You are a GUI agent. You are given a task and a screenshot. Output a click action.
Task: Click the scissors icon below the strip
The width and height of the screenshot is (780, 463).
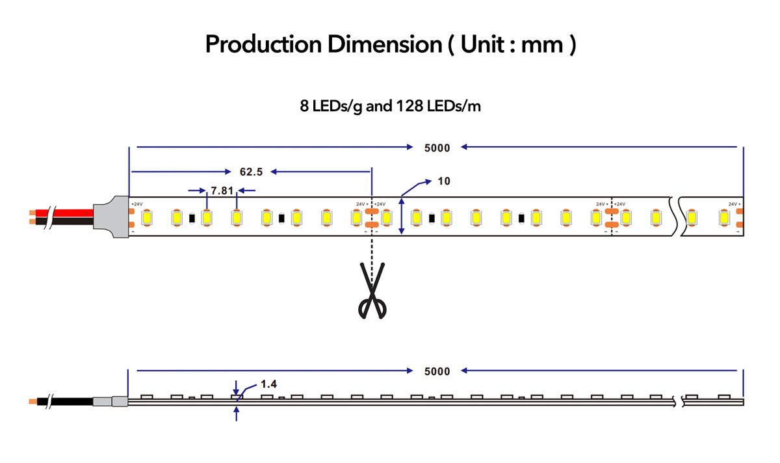(x=372, y=291)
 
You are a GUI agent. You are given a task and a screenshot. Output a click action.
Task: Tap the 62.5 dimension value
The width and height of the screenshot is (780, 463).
(x=251, y=172)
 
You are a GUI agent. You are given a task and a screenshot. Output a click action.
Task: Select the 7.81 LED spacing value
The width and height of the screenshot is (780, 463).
(x=222, y=191)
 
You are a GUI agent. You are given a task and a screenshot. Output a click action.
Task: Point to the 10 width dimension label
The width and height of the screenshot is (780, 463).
(x=443, y=181)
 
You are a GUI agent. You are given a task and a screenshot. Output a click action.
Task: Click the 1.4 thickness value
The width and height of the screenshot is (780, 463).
(x=268, y=384)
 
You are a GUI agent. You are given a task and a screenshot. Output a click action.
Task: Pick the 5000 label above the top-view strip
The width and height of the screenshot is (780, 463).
(x=437, y=148)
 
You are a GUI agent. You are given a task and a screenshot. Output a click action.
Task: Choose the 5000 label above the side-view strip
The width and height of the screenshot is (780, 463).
(x=437, y=371)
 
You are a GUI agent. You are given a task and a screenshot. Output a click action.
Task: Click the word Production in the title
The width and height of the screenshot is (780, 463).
(x=263, y=44)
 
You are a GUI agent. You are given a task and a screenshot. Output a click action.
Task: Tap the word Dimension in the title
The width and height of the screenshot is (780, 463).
(x=385, y=44)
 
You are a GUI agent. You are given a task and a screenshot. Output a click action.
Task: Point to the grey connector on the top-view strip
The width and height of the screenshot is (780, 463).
(x=111, y=217)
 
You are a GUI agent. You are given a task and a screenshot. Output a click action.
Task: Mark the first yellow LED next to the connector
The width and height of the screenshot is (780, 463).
(x=147, y=218)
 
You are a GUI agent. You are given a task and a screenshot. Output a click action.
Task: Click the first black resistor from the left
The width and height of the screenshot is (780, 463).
(x=192, y=218)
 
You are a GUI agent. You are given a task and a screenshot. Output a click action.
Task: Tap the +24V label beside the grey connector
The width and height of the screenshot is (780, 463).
(x=137, y=204)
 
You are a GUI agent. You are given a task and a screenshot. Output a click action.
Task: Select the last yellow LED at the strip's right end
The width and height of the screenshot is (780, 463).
(x=724, y=218)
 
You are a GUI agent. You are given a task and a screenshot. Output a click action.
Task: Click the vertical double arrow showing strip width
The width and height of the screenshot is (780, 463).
(x=402, y=216)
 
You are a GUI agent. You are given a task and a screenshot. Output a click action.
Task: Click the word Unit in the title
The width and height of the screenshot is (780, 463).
(x=482, y=44)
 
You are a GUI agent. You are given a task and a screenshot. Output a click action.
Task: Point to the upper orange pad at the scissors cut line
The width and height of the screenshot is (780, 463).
(x=372, y=211)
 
